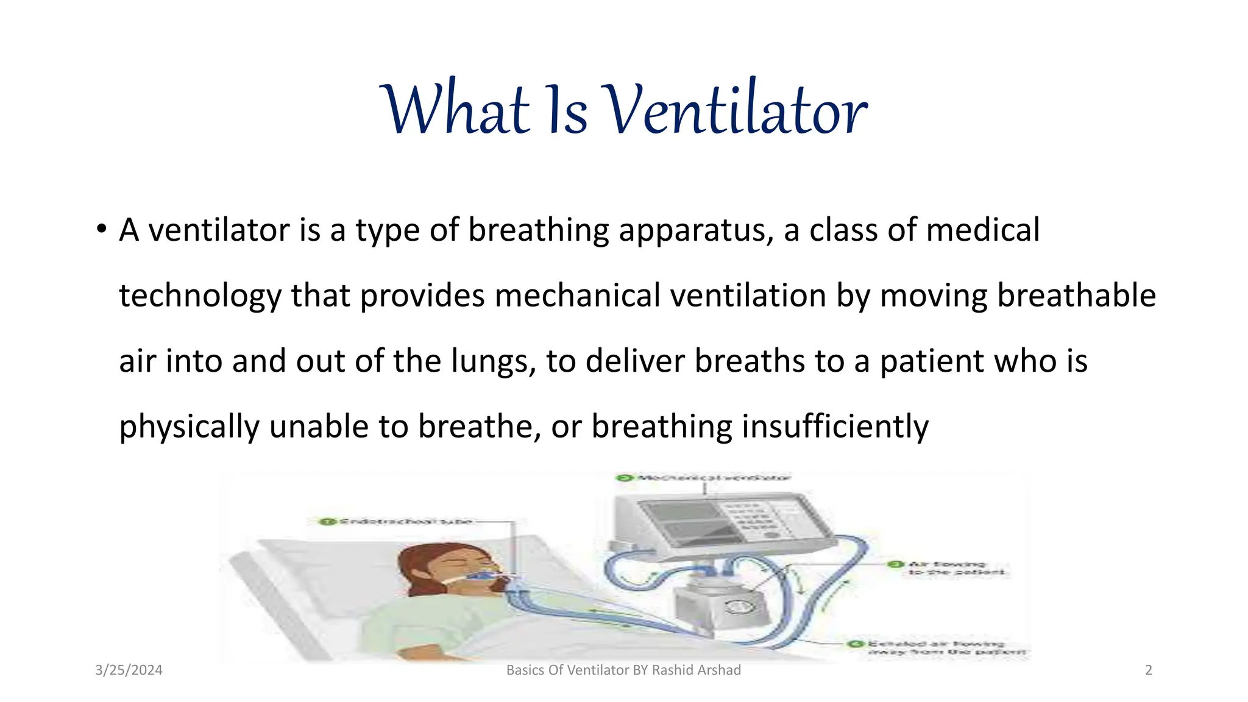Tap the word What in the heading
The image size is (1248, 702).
coord(455,110)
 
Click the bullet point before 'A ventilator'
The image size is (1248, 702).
coord(101,230)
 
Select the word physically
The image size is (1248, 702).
coord(189,427)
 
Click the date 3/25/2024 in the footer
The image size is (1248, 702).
coord(129,670)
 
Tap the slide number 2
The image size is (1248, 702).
coord(1149,670)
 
